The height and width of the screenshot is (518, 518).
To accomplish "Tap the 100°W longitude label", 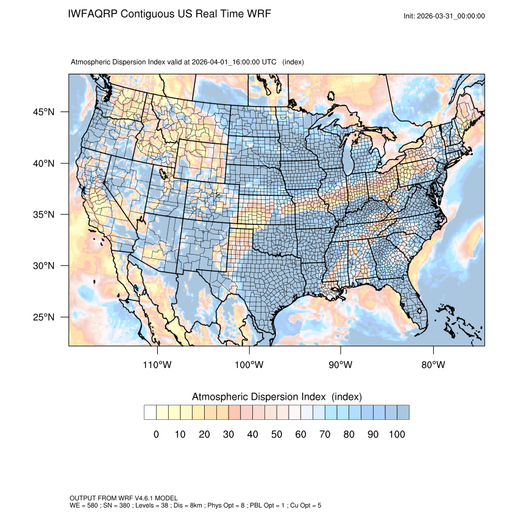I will pos(249,365).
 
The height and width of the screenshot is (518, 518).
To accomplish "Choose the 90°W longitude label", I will pos(341,365).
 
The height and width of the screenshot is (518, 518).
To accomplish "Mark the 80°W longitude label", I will pos(433,365).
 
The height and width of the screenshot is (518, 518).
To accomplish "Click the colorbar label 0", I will pos(156,435).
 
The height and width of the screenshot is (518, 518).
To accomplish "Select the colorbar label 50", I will pos(277,435).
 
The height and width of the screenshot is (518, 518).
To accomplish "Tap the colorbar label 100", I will pos(397,435).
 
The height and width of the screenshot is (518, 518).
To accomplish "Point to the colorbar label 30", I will pos(229,435).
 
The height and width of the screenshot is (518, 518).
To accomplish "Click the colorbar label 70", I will pos(325,435).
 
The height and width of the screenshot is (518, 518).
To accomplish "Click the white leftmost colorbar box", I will pos(150,413).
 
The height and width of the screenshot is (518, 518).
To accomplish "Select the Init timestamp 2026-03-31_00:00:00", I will pos(452,16).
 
